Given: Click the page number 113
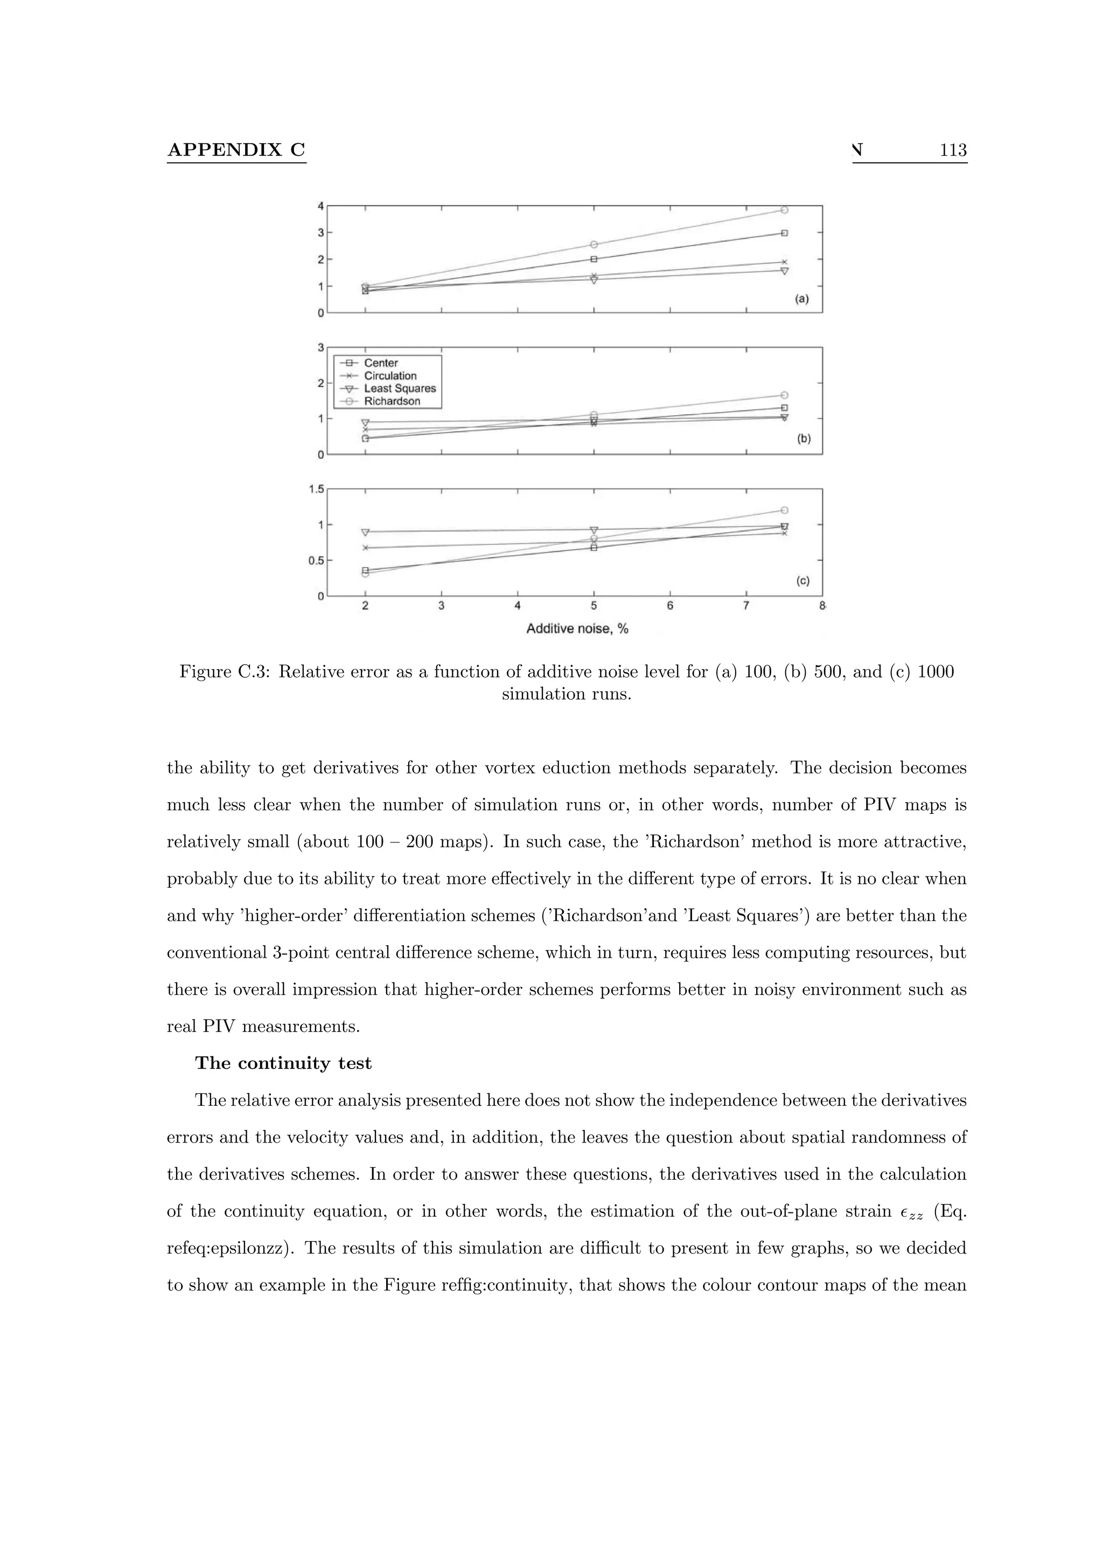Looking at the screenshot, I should point(953,150).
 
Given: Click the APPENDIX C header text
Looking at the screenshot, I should point(236,150).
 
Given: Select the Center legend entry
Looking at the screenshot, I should point(381,363).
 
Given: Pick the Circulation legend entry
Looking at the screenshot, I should point(389,376).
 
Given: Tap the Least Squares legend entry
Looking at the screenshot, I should point(400,389).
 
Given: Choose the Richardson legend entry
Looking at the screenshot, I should point(392,401).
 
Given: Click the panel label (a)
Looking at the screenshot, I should point(802,299).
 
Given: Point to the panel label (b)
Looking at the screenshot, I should point(804,439).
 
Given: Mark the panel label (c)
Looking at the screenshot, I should point(802,581).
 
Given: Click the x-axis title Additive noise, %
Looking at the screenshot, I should point(577,629).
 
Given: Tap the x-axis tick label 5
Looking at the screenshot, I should point(594,606).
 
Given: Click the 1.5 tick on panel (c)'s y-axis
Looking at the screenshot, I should point(316,489).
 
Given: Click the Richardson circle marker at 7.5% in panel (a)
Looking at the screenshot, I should point(784,210).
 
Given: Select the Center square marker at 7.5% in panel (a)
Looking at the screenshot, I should point(784,233).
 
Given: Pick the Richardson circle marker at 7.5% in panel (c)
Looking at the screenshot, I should point(784,510).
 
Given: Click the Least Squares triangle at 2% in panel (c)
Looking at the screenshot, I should point(365,532).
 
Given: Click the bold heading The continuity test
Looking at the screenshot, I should point(283,1063).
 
